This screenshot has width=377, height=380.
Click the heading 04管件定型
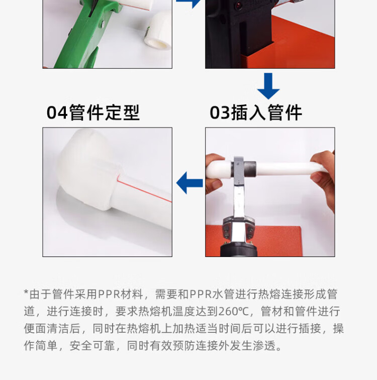(93, 112)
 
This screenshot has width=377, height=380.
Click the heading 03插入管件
(256, 112)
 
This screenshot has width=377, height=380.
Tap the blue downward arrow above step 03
(268, 86)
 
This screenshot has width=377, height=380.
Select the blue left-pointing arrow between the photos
(190, 183)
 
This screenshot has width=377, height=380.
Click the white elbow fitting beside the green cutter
(158, 32)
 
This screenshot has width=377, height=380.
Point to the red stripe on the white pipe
(144, 188)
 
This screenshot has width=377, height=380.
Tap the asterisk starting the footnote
(26, 293)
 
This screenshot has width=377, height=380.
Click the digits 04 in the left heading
(57, 113)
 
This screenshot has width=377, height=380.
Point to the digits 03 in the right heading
(220, 113)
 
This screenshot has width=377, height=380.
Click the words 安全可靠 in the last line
(92, 346)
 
